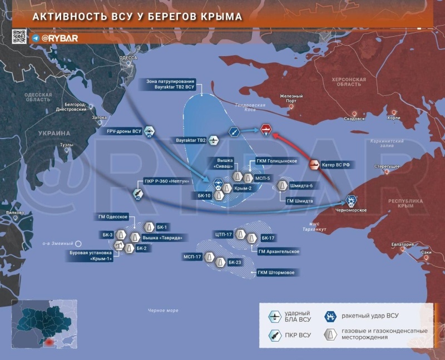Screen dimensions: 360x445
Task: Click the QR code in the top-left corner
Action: click(19, 37)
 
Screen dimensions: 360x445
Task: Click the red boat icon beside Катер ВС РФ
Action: click(314, 164)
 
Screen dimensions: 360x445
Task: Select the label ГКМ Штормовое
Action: click(276, 273)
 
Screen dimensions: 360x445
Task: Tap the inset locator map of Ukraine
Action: click(44, 324)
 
